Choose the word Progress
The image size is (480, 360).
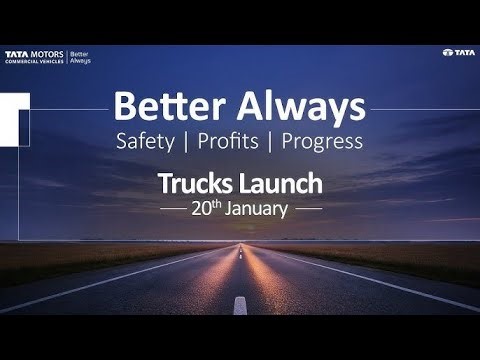tap(322, 141)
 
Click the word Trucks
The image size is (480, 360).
tap(194, 184)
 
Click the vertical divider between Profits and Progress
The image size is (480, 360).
tap(273, 141)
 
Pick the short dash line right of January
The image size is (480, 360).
tap(308, 210)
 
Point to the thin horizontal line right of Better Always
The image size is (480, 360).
tap(420, 107)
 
